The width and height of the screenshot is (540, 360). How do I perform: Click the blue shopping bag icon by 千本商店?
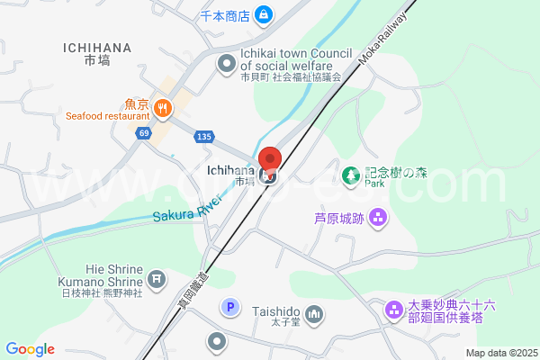point(263,14)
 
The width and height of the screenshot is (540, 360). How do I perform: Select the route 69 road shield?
point(144,133)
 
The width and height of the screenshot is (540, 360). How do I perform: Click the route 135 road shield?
point(203,136)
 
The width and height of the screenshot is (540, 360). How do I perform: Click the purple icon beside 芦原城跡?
point(377,217)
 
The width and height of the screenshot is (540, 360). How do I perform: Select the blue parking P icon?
point(230,308)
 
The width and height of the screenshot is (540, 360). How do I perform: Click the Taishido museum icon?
point(314,313)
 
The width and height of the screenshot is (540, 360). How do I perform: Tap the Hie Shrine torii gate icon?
point(157,279)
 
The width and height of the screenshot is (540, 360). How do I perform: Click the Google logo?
point(30,349)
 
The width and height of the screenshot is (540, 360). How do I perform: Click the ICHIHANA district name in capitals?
point(98,48)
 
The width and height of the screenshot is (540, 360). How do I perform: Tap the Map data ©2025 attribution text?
point(500,353)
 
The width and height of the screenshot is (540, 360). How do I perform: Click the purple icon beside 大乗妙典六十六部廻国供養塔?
point(394,310)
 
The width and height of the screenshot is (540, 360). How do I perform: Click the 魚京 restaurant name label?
point(138,103)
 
